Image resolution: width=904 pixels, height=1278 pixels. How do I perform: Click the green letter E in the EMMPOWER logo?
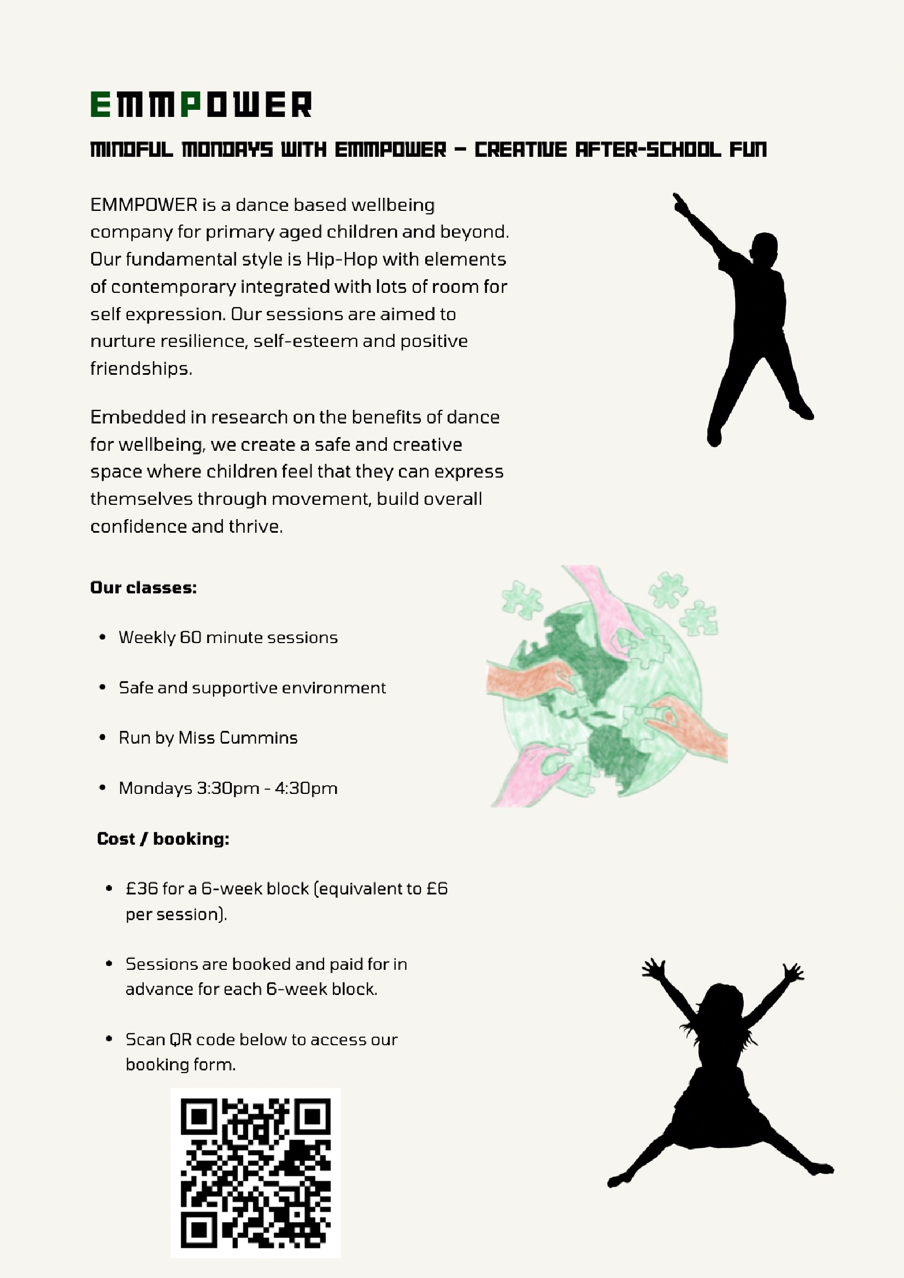click(100, 105)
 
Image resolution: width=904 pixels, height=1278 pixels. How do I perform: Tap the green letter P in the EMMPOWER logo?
click(190, 105)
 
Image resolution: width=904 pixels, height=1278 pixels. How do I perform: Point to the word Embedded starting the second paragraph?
click(128, 417)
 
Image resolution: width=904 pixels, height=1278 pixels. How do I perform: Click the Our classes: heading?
click(144, 588)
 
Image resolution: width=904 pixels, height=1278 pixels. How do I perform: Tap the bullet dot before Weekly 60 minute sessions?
click(102, 637)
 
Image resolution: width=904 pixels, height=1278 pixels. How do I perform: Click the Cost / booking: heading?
click(163, 839)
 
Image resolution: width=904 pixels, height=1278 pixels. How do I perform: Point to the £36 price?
click(142, 888)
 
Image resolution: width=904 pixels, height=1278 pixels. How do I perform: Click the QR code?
click(255, 1173)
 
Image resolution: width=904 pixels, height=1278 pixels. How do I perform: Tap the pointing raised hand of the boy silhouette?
click(680, 204)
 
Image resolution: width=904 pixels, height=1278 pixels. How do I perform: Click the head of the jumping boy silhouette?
click(764, 246)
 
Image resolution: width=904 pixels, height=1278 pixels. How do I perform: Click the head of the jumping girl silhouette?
click(722, 1003)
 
